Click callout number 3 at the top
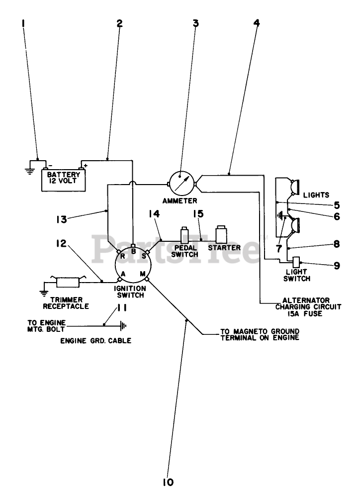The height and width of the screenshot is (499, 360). coord(196,23)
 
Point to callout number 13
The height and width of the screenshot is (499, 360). coord(62,217)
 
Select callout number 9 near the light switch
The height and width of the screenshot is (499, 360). coord(337,265)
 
